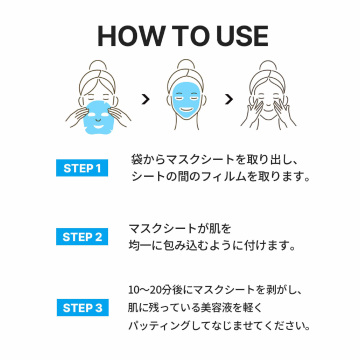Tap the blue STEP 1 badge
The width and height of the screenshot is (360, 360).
tap(82, 168)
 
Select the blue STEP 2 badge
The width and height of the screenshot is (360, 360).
tap(82, 236)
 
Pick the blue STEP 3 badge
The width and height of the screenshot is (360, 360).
tap(82, 307)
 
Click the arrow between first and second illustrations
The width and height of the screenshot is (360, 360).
tap(145, 99)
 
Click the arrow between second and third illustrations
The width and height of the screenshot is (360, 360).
tap(228, 99)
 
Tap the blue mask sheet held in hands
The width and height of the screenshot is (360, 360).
tap(97, 117)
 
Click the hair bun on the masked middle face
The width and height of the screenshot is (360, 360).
tap(186, 65)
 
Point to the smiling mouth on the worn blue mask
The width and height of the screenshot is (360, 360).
tap(185, 110)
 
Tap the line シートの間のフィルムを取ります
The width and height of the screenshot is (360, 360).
tap(219, 177)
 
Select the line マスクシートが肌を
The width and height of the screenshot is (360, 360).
tap(180, 229)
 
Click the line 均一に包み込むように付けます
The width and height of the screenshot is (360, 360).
tap(212, 246)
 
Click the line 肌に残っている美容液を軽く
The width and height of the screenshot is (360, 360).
tap(195, 307)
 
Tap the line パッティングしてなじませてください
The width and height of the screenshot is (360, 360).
tap(219, 325)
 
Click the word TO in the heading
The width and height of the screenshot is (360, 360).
tap(185, 36)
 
